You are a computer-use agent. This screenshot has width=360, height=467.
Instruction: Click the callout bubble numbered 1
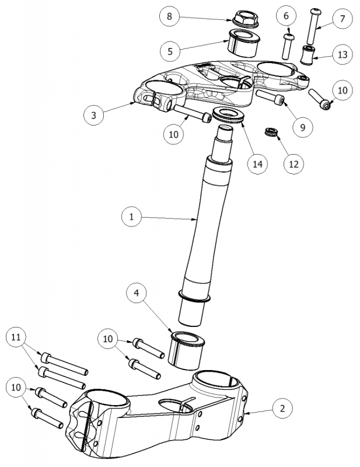click(x=132, y=217)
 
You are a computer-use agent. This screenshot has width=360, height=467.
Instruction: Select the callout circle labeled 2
click(x=282, y=408)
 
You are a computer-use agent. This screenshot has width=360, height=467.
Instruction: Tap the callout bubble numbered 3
click(x=94, y=115)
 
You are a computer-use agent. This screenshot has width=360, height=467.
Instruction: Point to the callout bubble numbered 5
click(x=170, y=51)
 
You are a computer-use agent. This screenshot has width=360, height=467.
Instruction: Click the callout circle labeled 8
click(x=169, y=16)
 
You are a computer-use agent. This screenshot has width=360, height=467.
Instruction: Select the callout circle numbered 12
click(x=293, y=164)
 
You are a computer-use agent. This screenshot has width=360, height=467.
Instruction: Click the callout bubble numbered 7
click(x=342, y=19)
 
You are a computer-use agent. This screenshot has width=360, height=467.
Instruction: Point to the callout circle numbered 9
click(x=303, y=126)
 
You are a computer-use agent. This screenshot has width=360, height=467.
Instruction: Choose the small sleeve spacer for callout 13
click(x=307, y=55)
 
